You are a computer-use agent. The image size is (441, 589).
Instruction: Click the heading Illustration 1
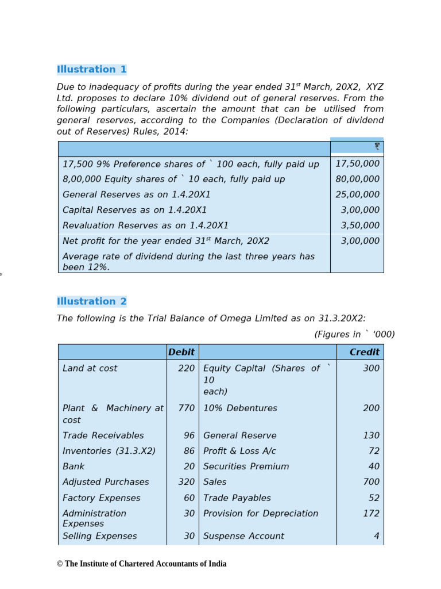click(x=91, y=70)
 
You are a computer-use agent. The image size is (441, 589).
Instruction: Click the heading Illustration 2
click(x=91, y=301)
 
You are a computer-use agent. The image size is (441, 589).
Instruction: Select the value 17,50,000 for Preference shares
click(x=357, y=164)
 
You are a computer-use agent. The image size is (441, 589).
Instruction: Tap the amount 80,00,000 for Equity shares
click(x=357, y=179)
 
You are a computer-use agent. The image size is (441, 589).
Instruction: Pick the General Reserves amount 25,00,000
click(x=357, y=195)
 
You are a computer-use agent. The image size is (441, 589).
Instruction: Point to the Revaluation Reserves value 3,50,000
click(x=360, y=225)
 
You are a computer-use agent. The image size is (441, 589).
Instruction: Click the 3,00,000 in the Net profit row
click(x=360, y=241)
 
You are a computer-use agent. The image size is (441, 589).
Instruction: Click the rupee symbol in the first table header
click(x=377, y=147)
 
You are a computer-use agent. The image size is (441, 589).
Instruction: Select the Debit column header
click(x=181, y=352)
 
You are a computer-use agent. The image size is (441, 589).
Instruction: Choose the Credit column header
click(x=365, y=352)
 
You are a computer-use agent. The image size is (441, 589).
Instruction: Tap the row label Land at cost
click(x=90, y=368)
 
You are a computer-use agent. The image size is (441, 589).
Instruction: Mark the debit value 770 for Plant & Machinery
click(x=186, y=408)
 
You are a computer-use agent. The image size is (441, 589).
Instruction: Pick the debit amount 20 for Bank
click(x=189, y=466)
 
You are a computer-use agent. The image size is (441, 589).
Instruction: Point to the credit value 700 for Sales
click(x=371, y=482)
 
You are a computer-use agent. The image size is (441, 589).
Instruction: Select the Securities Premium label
click(x=246, y=466)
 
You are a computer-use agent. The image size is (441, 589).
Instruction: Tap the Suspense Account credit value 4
click(x=376, y=536)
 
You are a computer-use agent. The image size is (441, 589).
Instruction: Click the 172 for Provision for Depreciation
click(x=371, y=513)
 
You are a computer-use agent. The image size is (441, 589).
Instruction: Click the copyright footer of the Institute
click(x=141, y=564)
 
